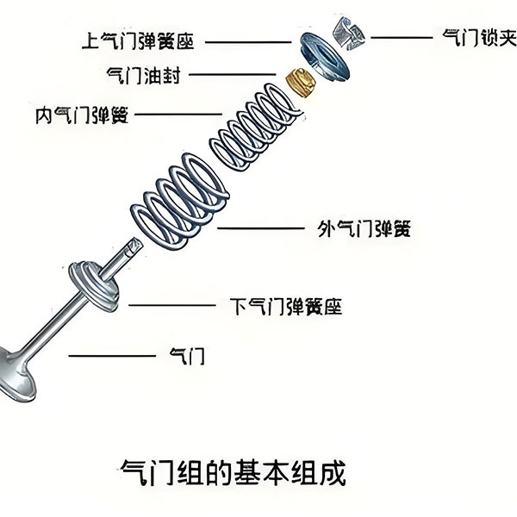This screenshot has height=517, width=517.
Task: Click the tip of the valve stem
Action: (x=133, y=246)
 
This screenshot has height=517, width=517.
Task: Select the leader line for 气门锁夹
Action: (x=401, y=37)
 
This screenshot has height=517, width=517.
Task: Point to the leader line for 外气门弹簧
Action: (x=259, y=228)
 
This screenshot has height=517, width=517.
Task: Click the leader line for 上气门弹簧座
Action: (x=246, y=40)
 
